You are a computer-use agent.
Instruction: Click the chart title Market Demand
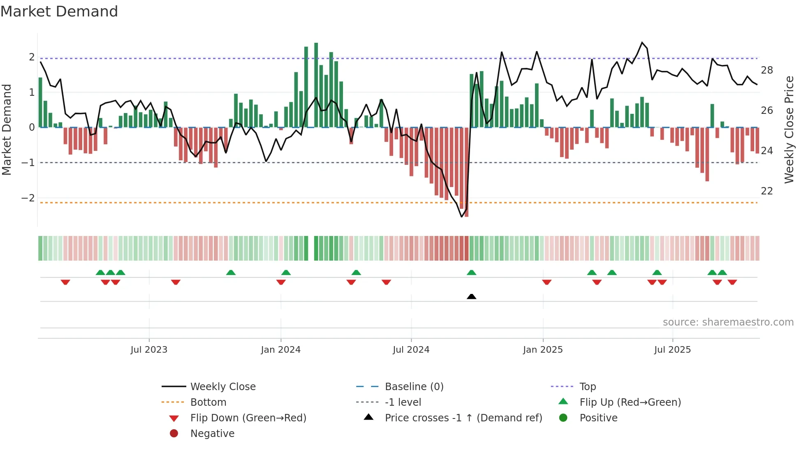point(59,12)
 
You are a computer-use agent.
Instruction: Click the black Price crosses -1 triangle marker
point(472,296)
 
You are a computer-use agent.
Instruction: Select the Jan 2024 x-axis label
point(280,350)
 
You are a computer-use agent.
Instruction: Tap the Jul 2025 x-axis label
point(672,350)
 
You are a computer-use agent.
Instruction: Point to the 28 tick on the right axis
point(767,70)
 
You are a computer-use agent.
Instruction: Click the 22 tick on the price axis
point(767,191)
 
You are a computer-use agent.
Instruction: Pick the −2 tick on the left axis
point(28,198)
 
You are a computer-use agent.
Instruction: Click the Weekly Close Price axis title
point(789,129)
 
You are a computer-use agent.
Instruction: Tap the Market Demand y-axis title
point(7,129)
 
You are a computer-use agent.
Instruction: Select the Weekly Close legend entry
point(222,387)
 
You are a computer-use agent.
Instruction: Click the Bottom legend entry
point(208,402)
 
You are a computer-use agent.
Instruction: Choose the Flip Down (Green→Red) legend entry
point(248,418)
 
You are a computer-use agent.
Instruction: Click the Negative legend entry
point(212,434)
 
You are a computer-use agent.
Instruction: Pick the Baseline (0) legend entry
point(414,387)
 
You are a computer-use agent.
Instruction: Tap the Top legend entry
point(588,387)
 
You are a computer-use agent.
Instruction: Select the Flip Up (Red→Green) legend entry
point(630,402)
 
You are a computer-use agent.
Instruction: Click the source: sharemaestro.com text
point(728,322)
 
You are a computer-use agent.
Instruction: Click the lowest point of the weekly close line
point(462,217)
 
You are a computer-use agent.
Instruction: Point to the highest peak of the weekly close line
point(642,42)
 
